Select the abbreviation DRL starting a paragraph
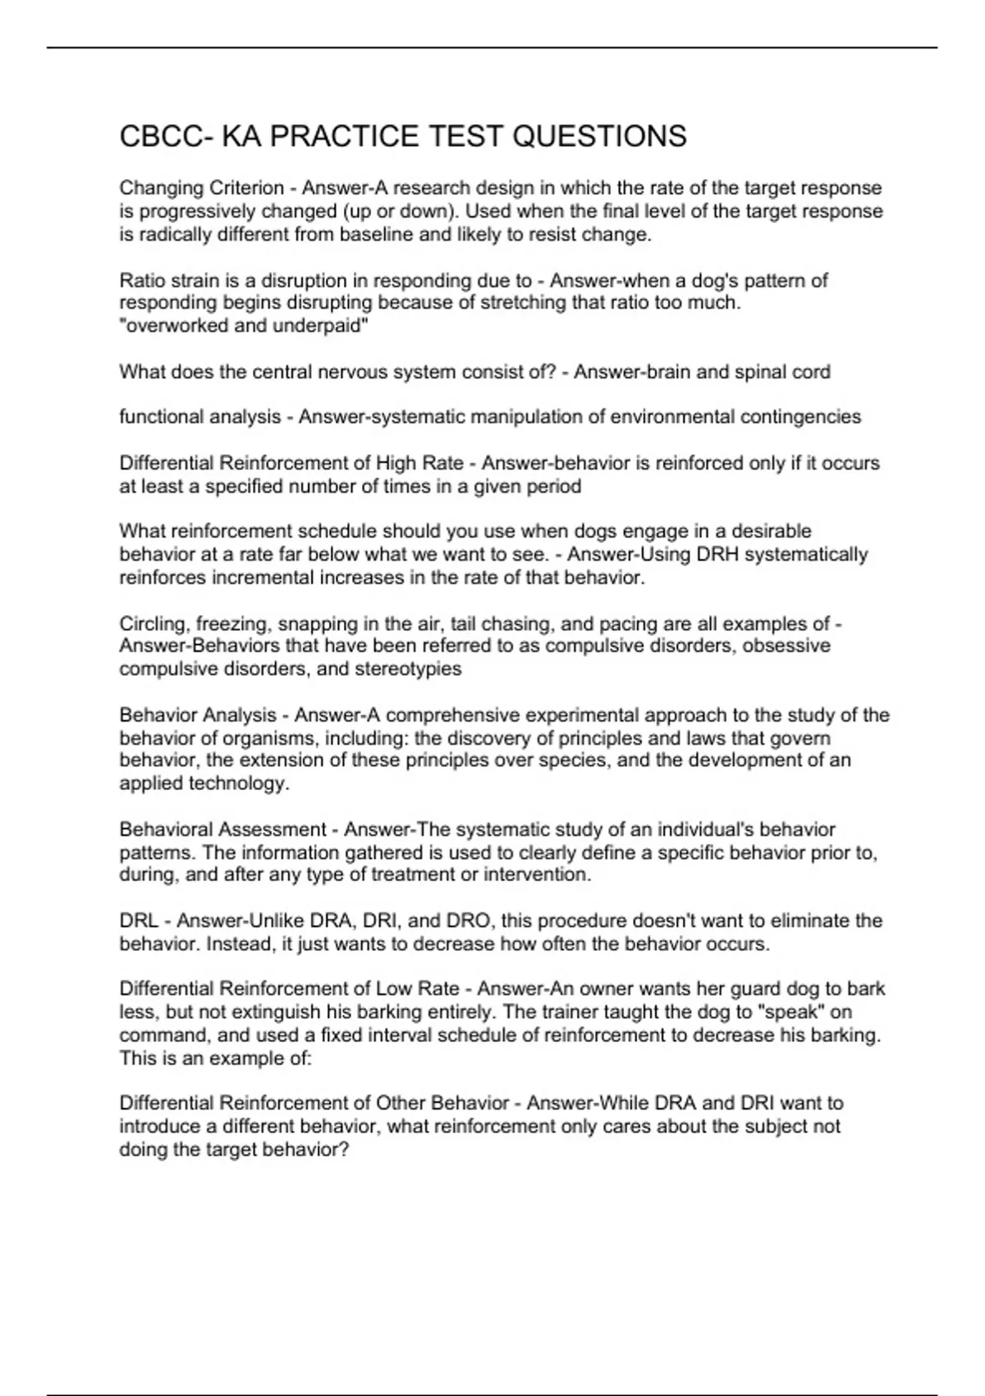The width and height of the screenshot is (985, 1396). click(139, 921)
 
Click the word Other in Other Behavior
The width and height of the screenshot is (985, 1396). click(400, 1103)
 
